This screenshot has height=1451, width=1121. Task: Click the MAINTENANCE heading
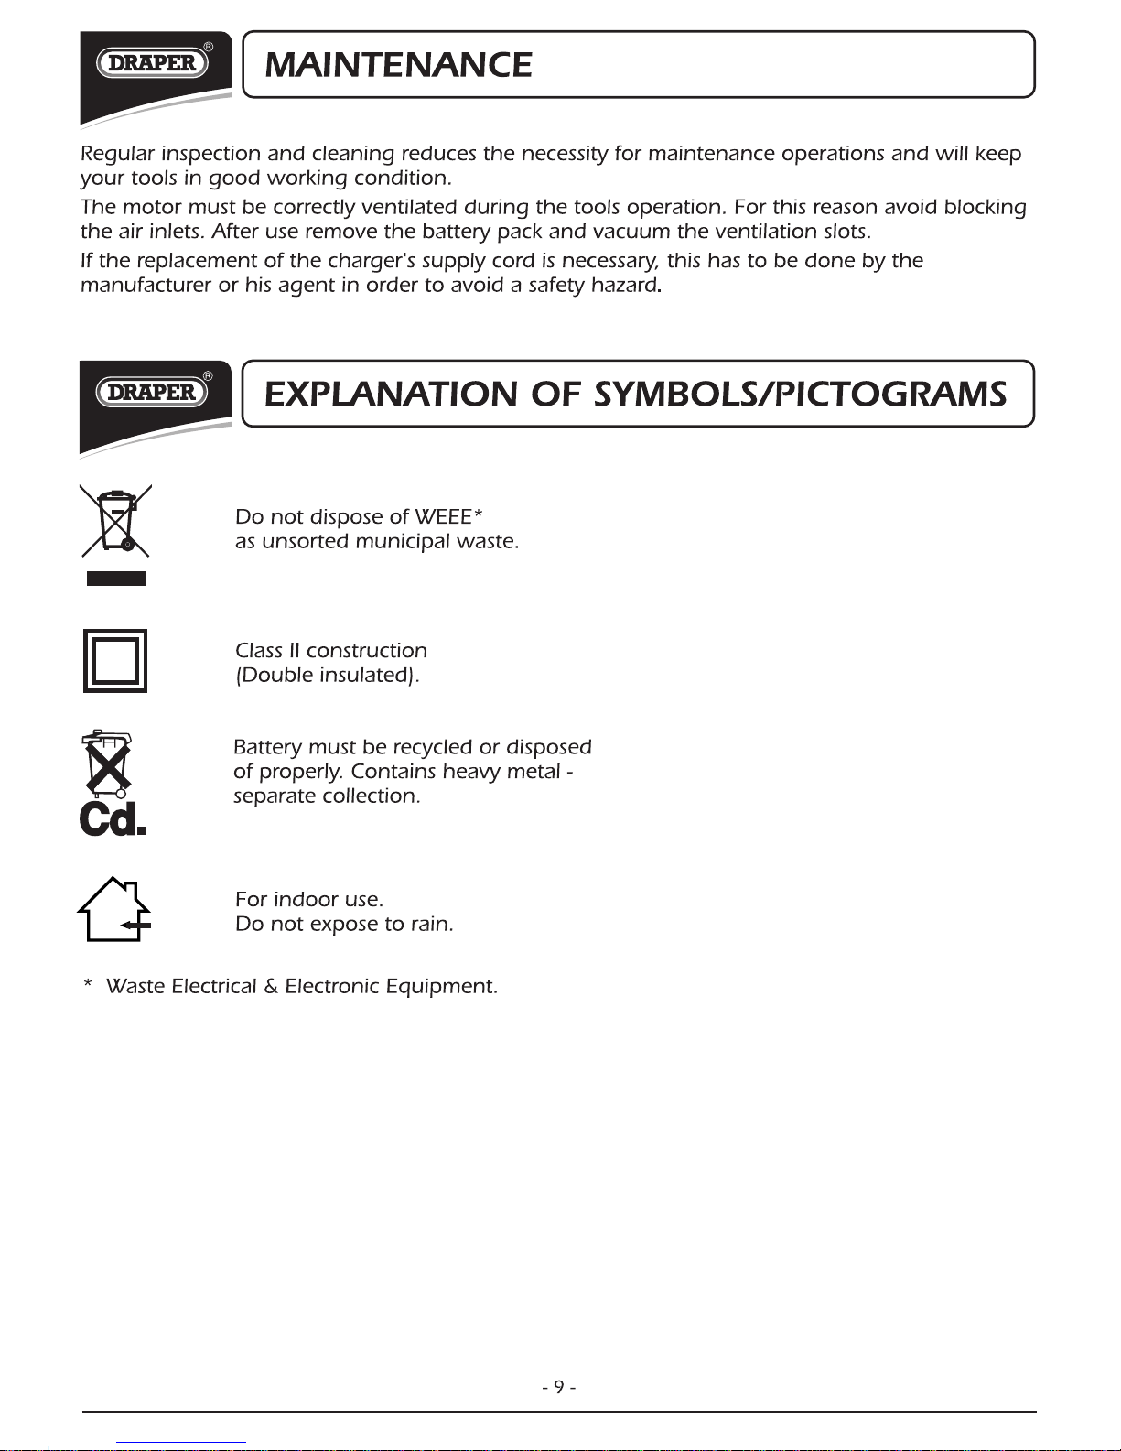click(398, 65)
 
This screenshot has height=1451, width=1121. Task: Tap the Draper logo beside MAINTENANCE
click(152, 62)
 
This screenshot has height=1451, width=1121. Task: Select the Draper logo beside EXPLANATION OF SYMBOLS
click(152, 392)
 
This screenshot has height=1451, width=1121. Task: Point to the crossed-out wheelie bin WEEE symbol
click(115, 521)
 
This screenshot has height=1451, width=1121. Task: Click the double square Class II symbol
click(115, 661)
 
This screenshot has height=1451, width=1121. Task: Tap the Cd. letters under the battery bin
click(113, 818)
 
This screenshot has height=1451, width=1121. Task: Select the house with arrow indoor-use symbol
click(114, 909)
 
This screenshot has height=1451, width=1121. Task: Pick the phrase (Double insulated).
click(328, 676)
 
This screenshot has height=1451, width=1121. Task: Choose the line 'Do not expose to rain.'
click(344, 925)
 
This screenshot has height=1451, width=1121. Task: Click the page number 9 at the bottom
click(558, 1387)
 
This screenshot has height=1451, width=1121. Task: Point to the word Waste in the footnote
click(135, 987)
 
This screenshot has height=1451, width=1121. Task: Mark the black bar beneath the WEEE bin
click(116, 578)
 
